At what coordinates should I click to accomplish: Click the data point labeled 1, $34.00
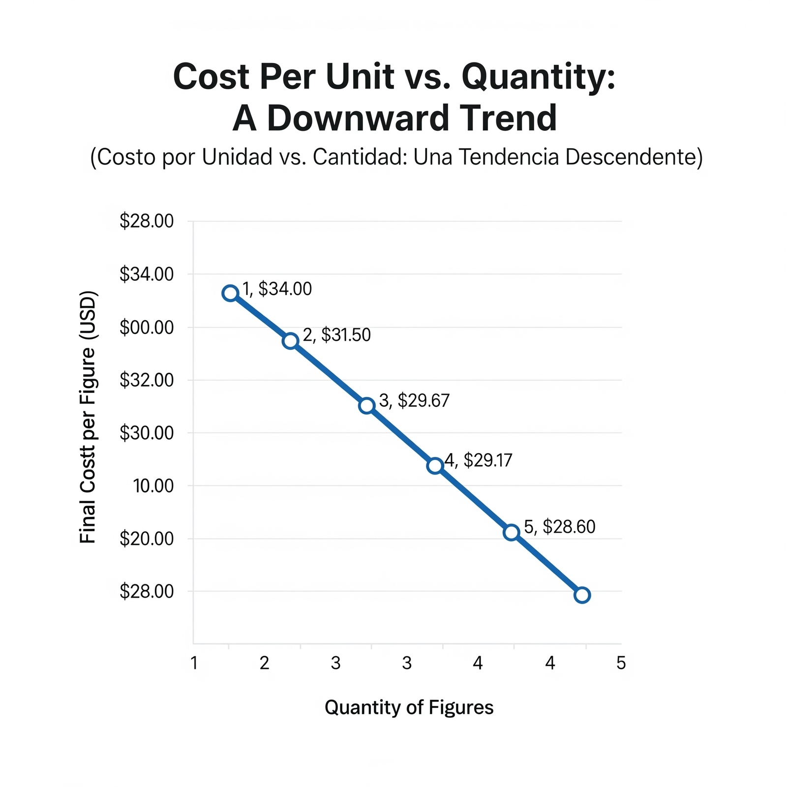click(230, 293)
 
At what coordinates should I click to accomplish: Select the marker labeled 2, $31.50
click(291, 340)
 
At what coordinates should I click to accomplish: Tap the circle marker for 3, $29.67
click(366, 405)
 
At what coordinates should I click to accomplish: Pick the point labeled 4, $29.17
click(435, 465)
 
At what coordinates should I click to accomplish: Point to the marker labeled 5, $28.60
click(512, 532)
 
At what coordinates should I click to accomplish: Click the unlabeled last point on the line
click(582, 595)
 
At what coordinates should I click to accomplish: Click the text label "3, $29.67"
click(414, 401)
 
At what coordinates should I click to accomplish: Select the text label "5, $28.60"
click(560, 527)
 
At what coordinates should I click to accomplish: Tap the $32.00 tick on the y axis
click(147, 380)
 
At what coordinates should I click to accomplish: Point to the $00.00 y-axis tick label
click(147, 327)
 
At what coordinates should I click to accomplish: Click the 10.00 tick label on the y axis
click(153, 486)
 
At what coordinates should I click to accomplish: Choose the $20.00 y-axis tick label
click(147, 539)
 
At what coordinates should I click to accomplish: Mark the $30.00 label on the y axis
click(147, 433)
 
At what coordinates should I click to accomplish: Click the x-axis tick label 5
click(621, 663)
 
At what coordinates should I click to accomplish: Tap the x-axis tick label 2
click(265, 663)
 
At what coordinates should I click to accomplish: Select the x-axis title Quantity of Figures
click(409, 707)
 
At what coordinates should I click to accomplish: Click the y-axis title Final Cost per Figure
click(89, 418)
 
